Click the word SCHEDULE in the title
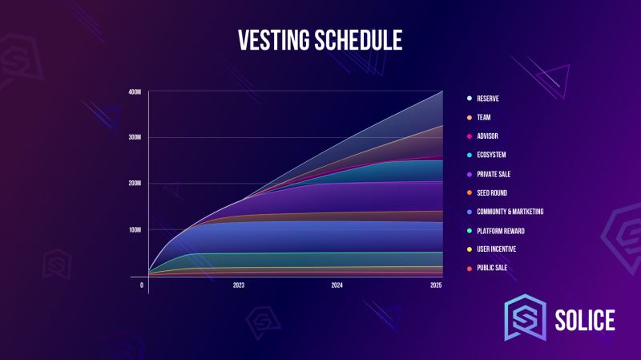tap(358, 40)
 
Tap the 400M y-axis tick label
tap(135, 92)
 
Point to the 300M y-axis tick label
tap(135, 137)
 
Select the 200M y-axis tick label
tap(135, 184)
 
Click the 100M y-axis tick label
tap(135, 230)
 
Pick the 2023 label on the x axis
tap(239, 285)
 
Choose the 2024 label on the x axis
tap(337, 285)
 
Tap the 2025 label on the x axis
tap(436, 285)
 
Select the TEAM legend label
tap(484, 117)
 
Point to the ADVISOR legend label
tap(487, 136)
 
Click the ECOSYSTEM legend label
tap(491, 155)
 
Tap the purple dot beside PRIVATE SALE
tap(470, 174)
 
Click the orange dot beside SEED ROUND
tap(470, 192)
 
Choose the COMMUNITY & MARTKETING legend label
tap(510, 212)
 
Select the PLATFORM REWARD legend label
tap(501, 231)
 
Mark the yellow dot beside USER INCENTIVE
tap(470, 249)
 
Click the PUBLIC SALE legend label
tap(492, 268)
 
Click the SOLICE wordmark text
tap(585, 320)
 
